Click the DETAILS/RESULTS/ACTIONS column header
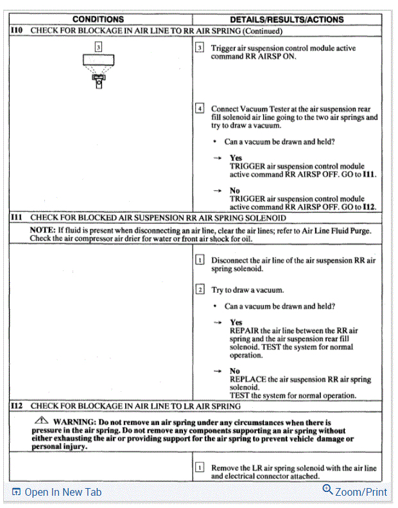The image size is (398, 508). point(286,20)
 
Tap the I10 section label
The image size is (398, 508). point(17,30)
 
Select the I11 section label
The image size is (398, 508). point(17,218)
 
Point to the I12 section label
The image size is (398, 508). point(17,406)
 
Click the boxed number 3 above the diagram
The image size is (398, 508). point(98,47)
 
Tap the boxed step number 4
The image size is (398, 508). point(200,109)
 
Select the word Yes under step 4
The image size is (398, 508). point(236,157)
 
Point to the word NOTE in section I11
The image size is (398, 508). point(42,230)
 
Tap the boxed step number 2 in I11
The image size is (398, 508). point(200,290)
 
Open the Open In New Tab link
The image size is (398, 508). point(56,492)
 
